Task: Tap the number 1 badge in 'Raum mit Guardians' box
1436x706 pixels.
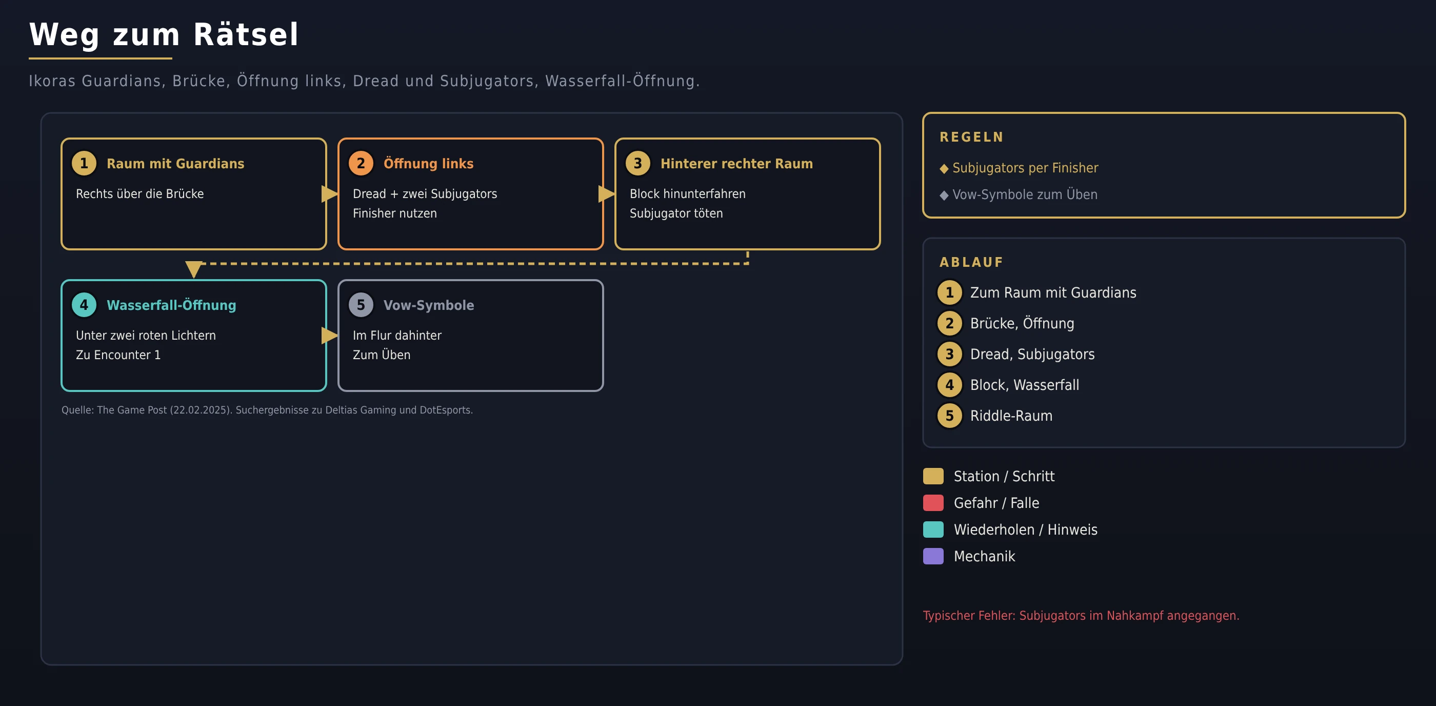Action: [84, 163]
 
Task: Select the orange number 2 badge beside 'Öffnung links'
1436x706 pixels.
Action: [361, 163]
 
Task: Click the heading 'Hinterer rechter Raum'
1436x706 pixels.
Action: [736, 163]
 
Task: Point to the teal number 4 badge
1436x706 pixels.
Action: [84, 305]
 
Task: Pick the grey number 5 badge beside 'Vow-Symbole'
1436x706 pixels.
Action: [361, 305]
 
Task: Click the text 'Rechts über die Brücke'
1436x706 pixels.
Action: [140, 193]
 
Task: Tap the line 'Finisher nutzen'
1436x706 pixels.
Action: [395, 213]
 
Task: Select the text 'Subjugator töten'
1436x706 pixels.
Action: [676, 213]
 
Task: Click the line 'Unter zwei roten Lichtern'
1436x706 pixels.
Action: [146, 335]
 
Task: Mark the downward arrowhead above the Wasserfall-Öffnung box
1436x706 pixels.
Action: [193, 269]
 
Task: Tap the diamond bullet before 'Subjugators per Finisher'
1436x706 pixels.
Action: [944, 168]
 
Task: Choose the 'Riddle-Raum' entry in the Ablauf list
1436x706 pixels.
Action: [1011, 416]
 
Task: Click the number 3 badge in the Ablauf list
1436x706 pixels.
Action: [949, 354]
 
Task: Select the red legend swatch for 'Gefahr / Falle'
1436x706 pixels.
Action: [933, 503]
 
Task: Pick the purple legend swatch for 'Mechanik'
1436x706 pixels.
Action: [933, 557]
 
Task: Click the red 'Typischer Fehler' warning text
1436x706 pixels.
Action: [1081, 616]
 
